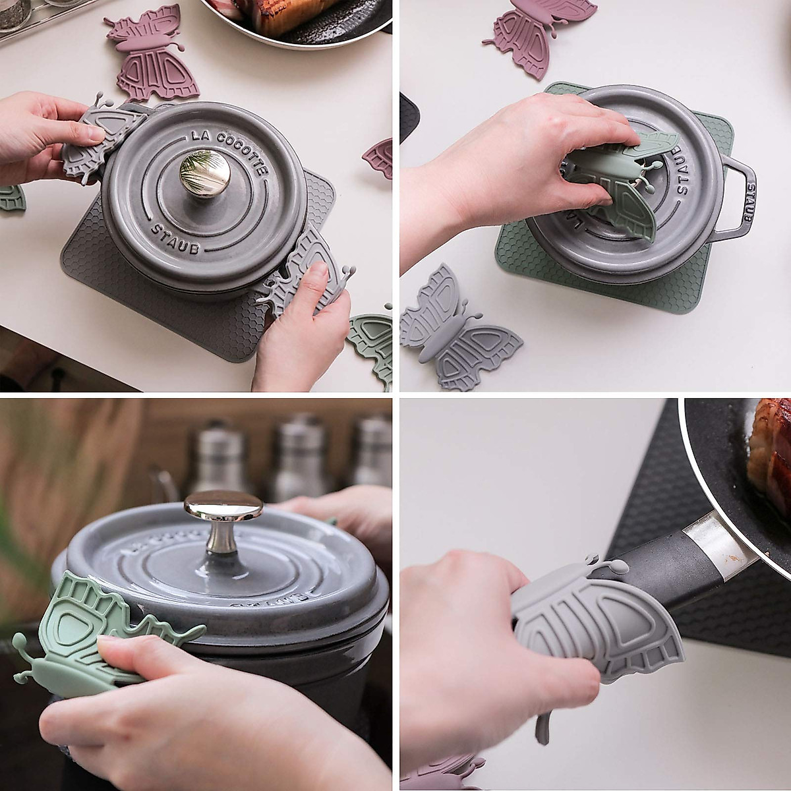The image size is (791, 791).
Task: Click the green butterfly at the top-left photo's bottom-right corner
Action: click(371, 343)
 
